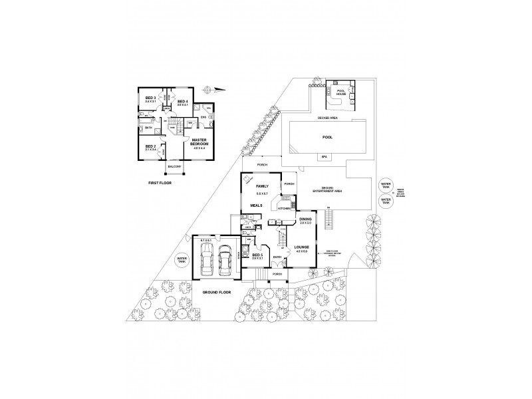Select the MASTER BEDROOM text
pyautogui.click(x=200, y=142)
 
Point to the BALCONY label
pyautogui.click(x=175, y=166)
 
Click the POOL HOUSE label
pyautogui.click(x=342, y=92)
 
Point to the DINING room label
pyautogui.click(x=306, y=219)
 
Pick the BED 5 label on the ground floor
pyautogui.click(x=258, y=255)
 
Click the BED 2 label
pyautogui.click(x=150, y=146)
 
